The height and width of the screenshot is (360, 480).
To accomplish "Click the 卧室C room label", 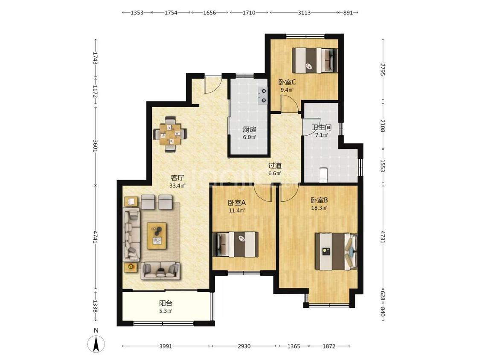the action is pos(287,82).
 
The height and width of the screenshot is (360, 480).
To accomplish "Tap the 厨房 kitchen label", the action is pos(250,130).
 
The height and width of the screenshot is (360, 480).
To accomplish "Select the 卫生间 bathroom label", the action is pos(322,127).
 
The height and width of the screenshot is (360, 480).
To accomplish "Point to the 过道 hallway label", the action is pos(275,165).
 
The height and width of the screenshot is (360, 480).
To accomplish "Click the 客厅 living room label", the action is pos(177,178).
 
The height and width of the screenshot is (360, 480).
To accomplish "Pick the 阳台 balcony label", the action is pos(166,303).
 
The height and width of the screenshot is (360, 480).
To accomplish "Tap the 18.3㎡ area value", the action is pos(319,208).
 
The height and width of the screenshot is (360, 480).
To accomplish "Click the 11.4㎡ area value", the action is pos(237,210).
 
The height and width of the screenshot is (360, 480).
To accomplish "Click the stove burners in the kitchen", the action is pos(263,96).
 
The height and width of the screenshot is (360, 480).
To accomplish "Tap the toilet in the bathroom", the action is pos(323,175).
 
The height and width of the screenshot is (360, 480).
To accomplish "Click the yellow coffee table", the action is pos(157,236).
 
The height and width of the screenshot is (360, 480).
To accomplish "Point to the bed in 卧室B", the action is pos(336,252).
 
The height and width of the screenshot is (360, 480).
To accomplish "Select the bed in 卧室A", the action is pos(236,244).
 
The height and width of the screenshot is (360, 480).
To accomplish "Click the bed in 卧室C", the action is pos(315,60).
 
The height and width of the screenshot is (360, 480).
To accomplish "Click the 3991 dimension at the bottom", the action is pos(166,346).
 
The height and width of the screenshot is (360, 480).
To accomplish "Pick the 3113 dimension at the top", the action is pos(304,12).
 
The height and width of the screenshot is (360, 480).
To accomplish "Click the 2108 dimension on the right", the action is pos(382,125).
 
